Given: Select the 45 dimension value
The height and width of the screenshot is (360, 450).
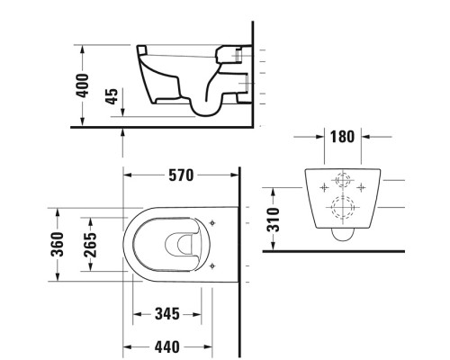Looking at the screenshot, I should point(112,98).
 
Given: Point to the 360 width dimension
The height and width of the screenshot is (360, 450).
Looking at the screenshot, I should point(58,243).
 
